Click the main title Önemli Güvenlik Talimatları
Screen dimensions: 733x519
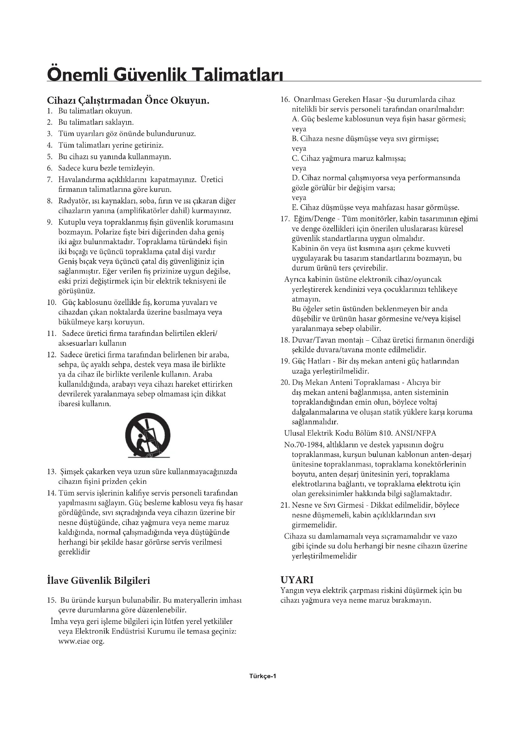[165, 74]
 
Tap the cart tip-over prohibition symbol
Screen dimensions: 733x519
[148, 437]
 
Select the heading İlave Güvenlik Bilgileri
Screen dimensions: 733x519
[99, 580]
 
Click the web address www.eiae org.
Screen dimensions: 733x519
[81, 641]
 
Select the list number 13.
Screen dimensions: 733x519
[51, 472]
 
